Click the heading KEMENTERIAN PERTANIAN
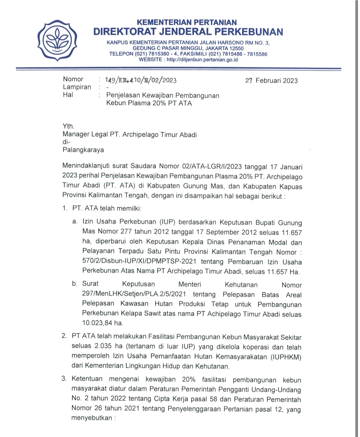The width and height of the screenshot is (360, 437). (x=187, y=23)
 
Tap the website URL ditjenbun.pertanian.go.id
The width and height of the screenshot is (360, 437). (x=202, y=60)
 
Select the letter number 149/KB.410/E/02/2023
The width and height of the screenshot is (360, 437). (x=141, y=80)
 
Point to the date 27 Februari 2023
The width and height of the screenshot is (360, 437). (x=271, y=81)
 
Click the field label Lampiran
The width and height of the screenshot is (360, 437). (x=77, y=87)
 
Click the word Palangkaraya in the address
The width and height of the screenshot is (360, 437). (x=83, y=150)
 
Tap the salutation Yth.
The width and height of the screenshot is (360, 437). (x=68, y=126)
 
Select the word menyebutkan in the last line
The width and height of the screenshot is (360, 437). (x=91, y=418)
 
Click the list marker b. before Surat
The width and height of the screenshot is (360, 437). (x=75, y=284)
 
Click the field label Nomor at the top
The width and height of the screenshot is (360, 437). (x=73, y=79)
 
